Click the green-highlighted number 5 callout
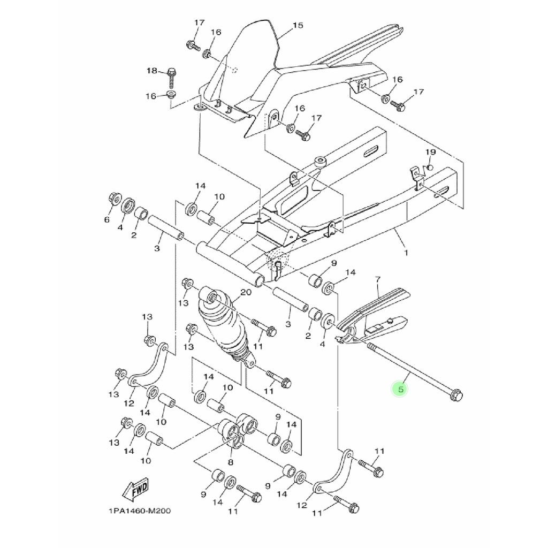(x=400, y=389)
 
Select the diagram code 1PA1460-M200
(x=140, y=511)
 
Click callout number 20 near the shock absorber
(x=246, y=292)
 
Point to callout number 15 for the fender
(x=298, y=25)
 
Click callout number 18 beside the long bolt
(x=152, y=71)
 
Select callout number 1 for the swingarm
(x=406, y=253)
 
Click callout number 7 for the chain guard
(x=378, y=279)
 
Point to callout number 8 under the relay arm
(x=230, y=462)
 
